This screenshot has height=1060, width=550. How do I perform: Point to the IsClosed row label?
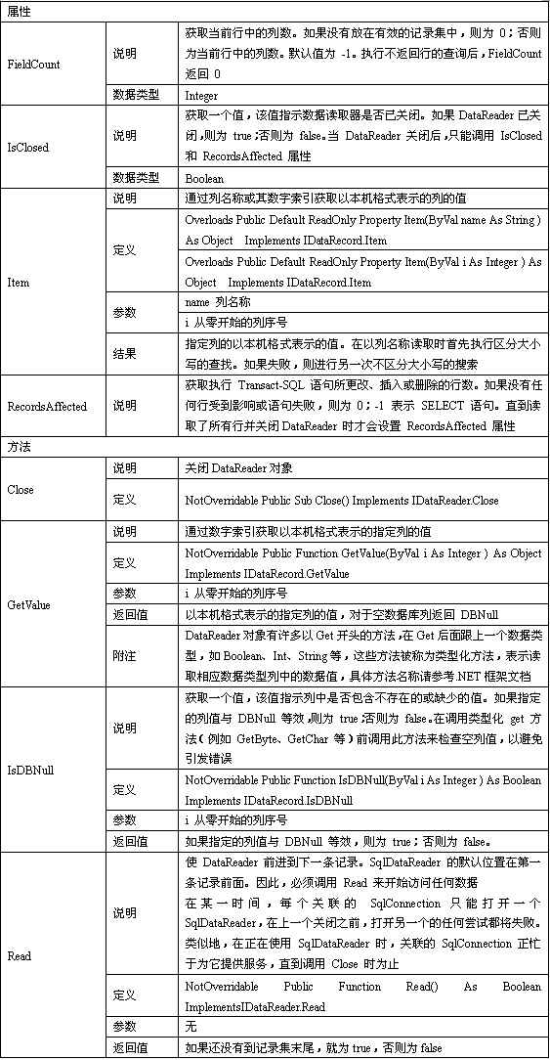click(27, 149)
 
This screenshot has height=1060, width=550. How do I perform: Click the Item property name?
click(18, 282)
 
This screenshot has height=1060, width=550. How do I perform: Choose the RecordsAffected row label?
click(46, 405)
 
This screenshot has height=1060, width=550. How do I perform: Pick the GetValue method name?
click(28, 605)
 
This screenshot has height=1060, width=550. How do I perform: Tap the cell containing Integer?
click(201, 96)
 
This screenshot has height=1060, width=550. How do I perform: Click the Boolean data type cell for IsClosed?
click(203, 179)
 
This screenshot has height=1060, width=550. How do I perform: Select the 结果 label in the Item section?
click(124, 353)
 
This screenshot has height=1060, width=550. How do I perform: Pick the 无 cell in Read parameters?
click(190, 1027)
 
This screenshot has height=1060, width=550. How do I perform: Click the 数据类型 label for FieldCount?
click(131, 96)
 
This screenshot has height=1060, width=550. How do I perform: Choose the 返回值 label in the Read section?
click(130, 1048)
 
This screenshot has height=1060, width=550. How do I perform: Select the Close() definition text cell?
click(341, 501)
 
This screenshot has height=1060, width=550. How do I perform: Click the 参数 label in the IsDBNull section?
click(124, 819)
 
